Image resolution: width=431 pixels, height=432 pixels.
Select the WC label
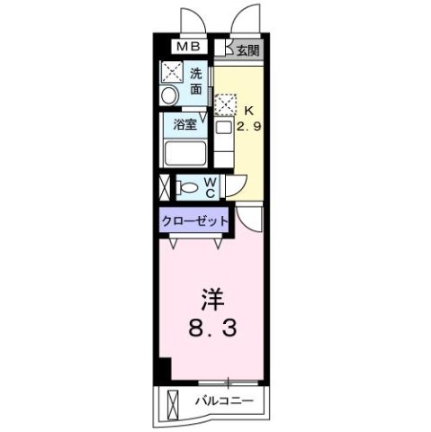[x=209, y=187]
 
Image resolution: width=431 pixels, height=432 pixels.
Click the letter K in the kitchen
[x=249, y=111]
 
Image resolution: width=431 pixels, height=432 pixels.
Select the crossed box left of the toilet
[x=163, y=188]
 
